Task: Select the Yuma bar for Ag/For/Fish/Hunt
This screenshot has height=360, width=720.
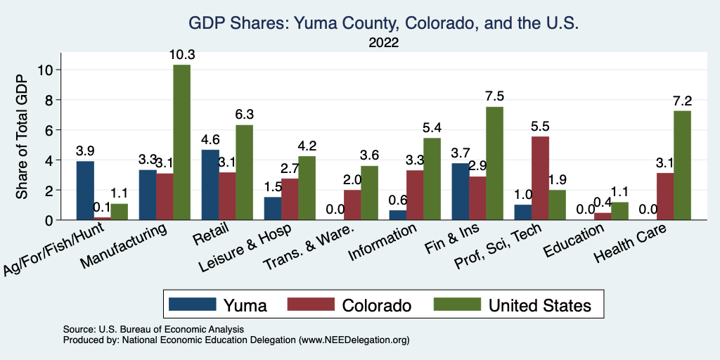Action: click(85, 191)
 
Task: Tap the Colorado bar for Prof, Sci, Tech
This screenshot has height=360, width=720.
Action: click(541, 178)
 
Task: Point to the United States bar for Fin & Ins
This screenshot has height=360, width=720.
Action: click(495, 163)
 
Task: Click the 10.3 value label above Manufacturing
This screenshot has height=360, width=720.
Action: click(181, 54)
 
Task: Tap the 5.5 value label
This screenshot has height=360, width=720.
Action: click(541, 127)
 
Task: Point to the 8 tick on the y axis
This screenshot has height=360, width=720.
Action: click(49, 100)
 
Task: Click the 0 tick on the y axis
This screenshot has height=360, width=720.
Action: click(49, 220)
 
